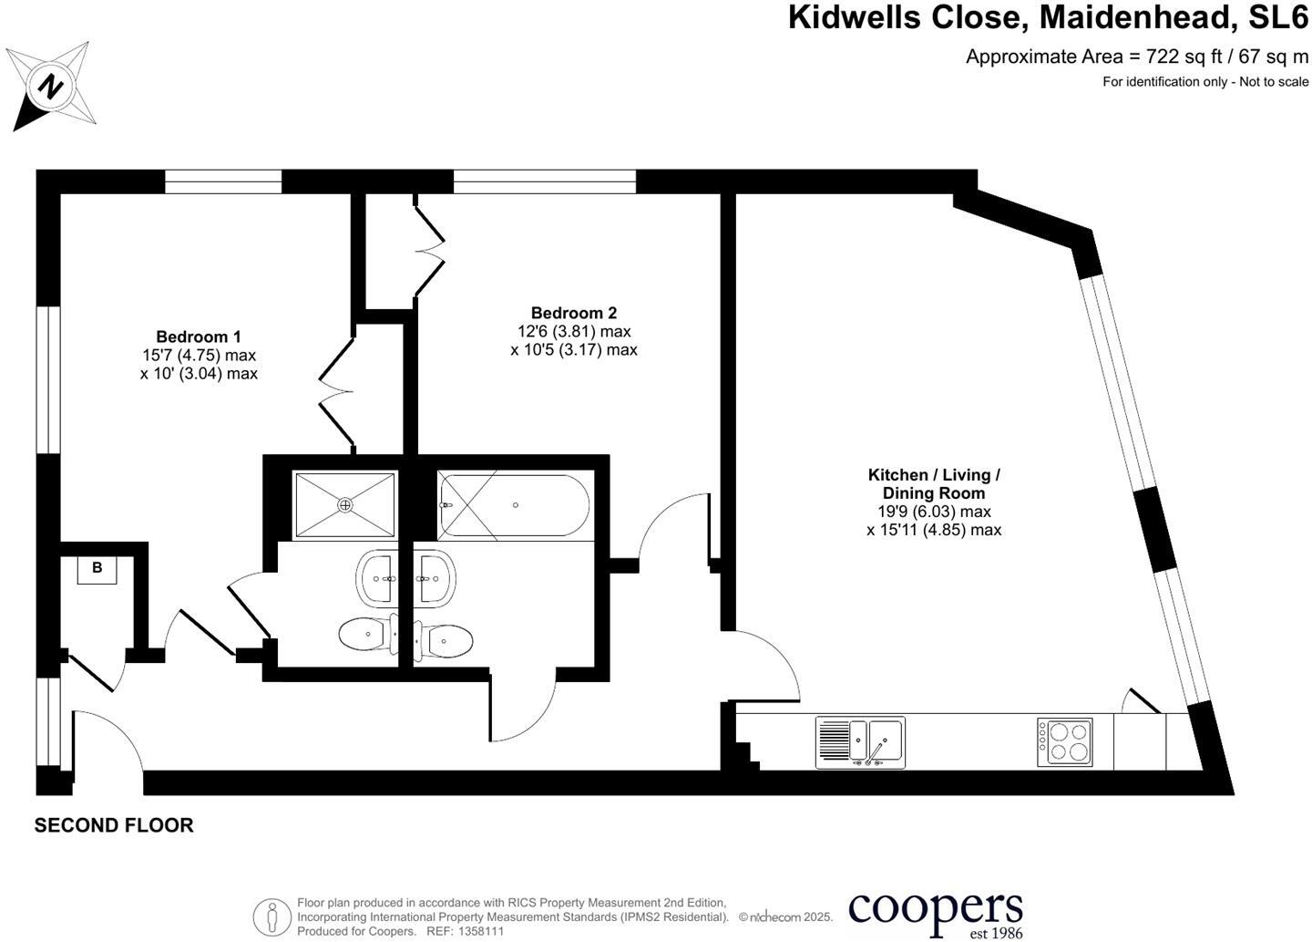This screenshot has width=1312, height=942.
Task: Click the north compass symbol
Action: coord(52,87)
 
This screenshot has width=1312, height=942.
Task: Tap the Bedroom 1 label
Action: coord(199,336)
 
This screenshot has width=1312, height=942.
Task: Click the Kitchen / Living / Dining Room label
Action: coord(934,483)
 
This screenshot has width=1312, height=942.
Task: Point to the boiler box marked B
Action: coord(97,568)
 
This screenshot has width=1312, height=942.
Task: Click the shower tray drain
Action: coord(345,504)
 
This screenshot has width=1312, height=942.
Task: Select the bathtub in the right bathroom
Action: coord(514,505)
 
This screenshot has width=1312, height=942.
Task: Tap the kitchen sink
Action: coord(860,741)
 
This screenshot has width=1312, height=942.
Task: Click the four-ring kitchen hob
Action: coord(1064,741)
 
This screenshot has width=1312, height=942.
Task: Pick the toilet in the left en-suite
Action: coord(367,634)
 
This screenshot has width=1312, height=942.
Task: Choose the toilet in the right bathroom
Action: coord(444,641)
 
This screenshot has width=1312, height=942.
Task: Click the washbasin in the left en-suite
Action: coord(376,578)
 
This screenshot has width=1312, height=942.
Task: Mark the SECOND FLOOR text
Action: coord(114,825)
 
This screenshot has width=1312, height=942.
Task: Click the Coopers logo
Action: coord(936,912)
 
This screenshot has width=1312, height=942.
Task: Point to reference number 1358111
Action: coord(478,931)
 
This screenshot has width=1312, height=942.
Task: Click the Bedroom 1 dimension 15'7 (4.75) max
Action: coord(199,355)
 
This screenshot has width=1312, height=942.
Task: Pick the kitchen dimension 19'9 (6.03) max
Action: coord(934,512)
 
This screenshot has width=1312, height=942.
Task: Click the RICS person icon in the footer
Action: coord(272,916)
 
